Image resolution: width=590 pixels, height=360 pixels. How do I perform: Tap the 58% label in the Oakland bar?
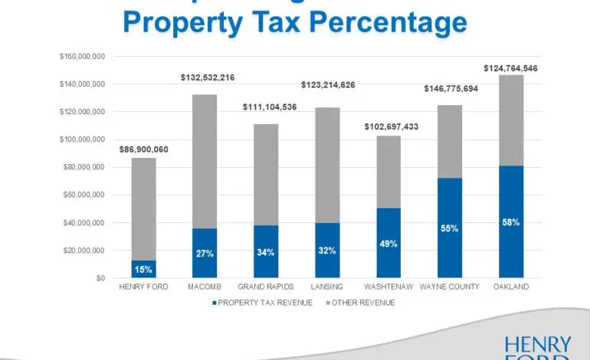[511, 222]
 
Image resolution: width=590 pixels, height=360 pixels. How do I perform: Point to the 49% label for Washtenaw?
[388, 244]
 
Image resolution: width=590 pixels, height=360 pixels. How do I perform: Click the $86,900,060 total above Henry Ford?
[143, 149]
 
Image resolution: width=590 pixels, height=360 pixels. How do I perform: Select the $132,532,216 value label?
[208, 77]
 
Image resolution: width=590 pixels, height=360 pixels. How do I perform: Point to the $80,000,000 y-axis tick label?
[84, 167]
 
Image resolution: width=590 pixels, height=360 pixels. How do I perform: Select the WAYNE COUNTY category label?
[450, 288]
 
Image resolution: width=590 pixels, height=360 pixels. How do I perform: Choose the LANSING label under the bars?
[327, 288]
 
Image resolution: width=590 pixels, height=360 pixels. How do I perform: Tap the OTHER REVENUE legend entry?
[365, 303]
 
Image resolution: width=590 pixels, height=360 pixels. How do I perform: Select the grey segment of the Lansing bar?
[327, 165]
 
